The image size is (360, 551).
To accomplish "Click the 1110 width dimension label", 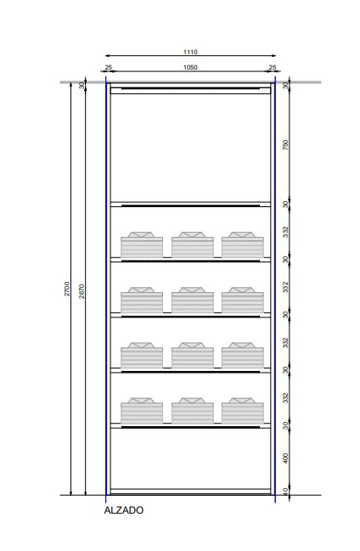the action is click(x=190, y=52).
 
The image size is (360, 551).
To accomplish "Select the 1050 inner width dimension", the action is click(x=190, y=67).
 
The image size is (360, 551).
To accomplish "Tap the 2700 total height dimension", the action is click(x=67, y=289).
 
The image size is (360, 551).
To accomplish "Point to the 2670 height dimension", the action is click(x=82, y=291).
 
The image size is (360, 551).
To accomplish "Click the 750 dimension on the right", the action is click(x=285, y=145).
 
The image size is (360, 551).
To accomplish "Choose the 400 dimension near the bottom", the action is click(x=285, y=458).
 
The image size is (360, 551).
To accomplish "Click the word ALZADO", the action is click(x=124, y=510).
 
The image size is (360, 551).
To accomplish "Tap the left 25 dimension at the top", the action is click(x=109, y=67).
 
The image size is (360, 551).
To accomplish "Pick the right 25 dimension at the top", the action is click(x=273, y=67).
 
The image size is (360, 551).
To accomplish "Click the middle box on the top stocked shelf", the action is click(x=193, y=245).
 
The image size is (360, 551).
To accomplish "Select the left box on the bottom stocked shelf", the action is click(x=142, y=410).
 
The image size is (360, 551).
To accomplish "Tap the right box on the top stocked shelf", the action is click(x=243, y=245).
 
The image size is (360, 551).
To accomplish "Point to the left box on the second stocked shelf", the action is click(x=142, y=300).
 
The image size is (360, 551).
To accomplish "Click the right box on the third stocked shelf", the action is click(x=243, y=355).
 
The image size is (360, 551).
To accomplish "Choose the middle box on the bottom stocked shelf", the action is click(x=193, y=410).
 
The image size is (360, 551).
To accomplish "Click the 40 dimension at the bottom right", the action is click(x=285, y=492).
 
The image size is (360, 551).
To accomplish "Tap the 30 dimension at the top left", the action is click(x=82, y=86).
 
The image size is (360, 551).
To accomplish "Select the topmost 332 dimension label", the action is click(x=285, y=232).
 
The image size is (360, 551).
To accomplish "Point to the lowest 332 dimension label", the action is click(x=285, y=398).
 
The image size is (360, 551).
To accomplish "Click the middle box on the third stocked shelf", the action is click(x=193, y=355).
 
